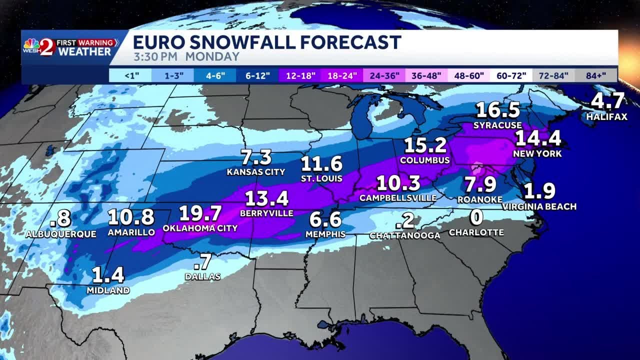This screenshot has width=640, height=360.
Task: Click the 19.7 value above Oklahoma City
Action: point(200,213)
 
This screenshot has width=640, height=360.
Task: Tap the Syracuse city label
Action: point(497,125)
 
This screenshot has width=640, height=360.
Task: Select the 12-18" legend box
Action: point(300,76)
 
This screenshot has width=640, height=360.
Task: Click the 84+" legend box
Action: point(595,76)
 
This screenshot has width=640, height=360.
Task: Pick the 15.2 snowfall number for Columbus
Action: point(425,145)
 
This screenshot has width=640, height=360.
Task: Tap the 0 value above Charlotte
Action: point(477,218)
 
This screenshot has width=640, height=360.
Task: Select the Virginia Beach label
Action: point(539,206)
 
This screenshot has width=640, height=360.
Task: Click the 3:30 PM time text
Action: point(155,56)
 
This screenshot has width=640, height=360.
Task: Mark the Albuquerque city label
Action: point(61,234)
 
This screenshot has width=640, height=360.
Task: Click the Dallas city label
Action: point(202,276)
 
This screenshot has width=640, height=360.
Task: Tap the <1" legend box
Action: point(131,76)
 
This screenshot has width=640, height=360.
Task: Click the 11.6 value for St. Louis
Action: point(321,164)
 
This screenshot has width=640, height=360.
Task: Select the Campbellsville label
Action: point(398,198)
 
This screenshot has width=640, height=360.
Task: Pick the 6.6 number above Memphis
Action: point(325,219)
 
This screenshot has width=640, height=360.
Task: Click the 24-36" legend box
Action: point(384,76)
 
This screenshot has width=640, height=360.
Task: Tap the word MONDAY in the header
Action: point(212,56)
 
